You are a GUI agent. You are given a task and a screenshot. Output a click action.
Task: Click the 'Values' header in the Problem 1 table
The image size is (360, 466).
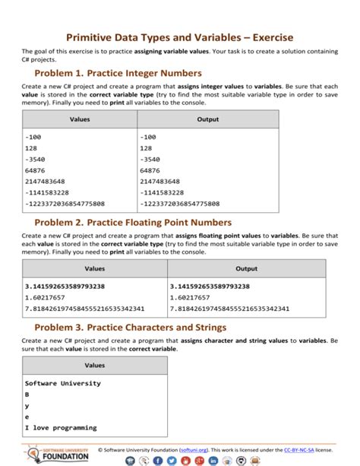coord(79,119)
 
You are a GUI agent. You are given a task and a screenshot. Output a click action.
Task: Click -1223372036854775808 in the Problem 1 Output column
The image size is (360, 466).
coord(179,204)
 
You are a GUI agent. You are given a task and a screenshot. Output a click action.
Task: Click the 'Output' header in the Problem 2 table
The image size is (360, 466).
coord(246,268)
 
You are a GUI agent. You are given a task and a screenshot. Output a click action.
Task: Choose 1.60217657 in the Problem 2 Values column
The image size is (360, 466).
coord(47,298)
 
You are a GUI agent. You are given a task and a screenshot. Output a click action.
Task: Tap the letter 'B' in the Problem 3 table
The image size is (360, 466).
coord(27,395)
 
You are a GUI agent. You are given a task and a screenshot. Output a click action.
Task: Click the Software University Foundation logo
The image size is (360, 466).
coord(57,454)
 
